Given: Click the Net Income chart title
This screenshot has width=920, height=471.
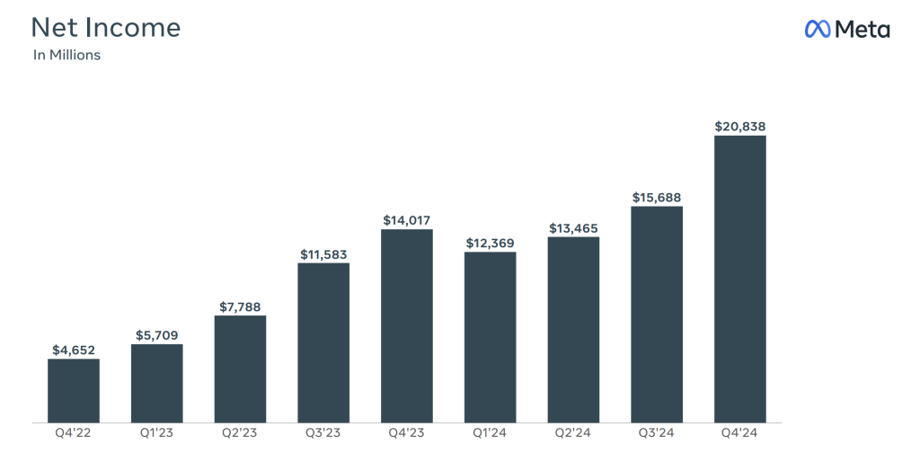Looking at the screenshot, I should [x=106, y=27].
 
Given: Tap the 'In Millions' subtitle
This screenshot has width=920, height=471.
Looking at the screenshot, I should [x=66, y=56].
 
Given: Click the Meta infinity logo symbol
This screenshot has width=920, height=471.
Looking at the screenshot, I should [x=816, y=30].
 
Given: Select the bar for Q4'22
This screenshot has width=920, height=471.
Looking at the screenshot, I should [x=74, y=390].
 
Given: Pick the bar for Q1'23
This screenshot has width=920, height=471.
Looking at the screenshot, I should [x=156, y=383].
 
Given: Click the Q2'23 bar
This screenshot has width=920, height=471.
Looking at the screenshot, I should [x=240, y=369].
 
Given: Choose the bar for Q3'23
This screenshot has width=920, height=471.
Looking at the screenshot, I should [x=323, y=342].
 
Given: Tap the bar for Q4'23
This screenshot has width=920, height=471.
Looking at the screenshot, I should [x=406, y=325].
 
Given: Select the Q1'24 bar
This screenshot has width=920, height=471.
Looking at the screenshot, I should [x=490, y=337].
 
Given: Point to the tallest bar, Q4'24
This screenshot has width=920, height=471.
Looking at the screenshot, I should [x=739, y=279].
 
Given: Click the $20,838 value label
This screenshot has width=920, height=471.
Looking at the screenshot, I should [x=739, y=127].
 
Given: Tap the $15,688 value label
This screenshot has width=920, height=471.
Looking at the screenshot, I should [x=657, y=198].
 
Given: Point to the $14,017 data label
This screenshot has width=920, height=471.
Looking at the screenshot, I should [x=406, y=219].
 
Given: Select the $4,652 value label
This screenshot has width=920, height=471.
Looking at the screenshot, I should [x=74, y=350].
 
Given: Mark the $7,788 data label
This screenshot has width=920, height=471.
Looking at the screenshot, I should [x=240, y=307].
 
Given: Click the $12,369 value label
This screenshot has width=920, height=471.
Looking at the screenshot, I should [x=490, y=243].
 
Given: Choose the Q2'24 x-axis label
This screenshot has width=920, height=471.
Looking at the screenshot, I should [x=573, y=433].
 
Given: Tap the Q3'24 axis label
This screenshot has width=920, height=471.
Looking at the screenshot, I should [x=657, y=433].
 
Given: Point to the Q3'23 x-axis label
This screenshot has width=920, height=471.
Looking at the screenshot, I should [x=323, y=433].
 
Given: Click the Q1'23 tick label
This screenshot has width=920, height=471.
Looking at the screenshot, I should [x=156, y=433].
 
